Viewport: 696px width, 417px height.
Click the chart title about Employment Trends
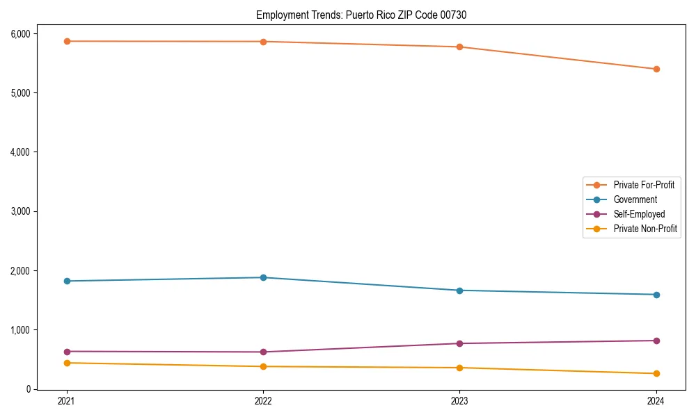coord(361,15)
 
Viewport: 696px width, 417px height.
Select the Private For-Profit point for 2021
coord(67,41)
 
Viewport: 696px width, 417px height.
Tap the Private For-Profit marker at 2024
coord(656,69)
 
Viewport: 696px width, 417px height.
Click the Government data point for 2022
coord(263,277)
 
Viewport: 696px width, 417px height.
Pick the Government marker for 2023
coord(459,291)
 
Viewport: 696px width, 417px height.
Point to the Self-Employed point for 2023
coord(459,343)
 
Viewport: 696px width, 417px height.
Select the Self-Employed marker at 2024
coord(656,341)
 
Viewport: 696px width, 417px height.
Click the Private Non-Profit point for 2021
coord(67,363)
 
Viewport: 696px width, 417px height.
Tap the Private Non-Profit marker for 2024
coord(656,374)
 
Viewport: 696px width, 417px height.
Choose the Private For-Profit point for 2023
coord(459,47)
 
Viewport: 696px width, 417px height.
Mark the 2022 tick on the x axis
coord(263,400)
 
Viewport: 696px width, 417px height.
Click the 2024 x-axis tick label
coord(656,400)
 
